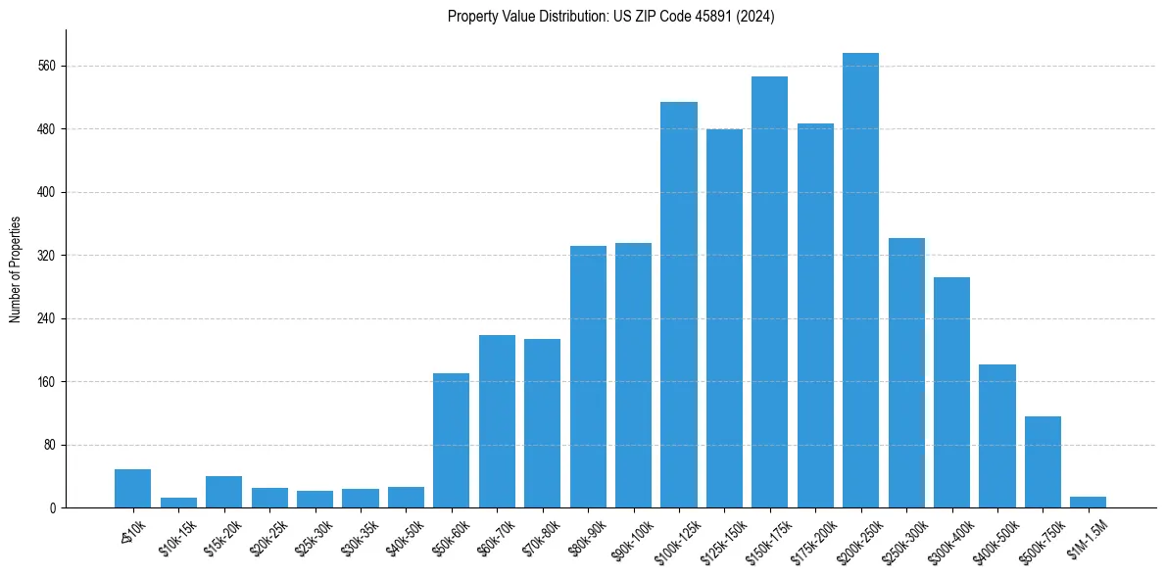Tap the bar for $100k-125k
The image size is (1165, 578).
678,305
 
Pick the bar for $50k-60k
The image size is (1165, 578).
451,440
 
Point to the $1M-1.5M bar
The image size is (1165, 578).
1088,502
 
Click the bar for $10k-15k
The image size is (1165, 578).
178,503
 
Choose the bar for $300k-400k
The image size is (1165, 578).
951,392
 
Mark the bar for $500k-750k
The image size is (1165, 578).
1043,461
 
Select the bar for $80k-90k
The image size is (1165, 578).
588,376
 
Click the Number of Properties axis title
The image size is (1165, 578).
15,269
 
